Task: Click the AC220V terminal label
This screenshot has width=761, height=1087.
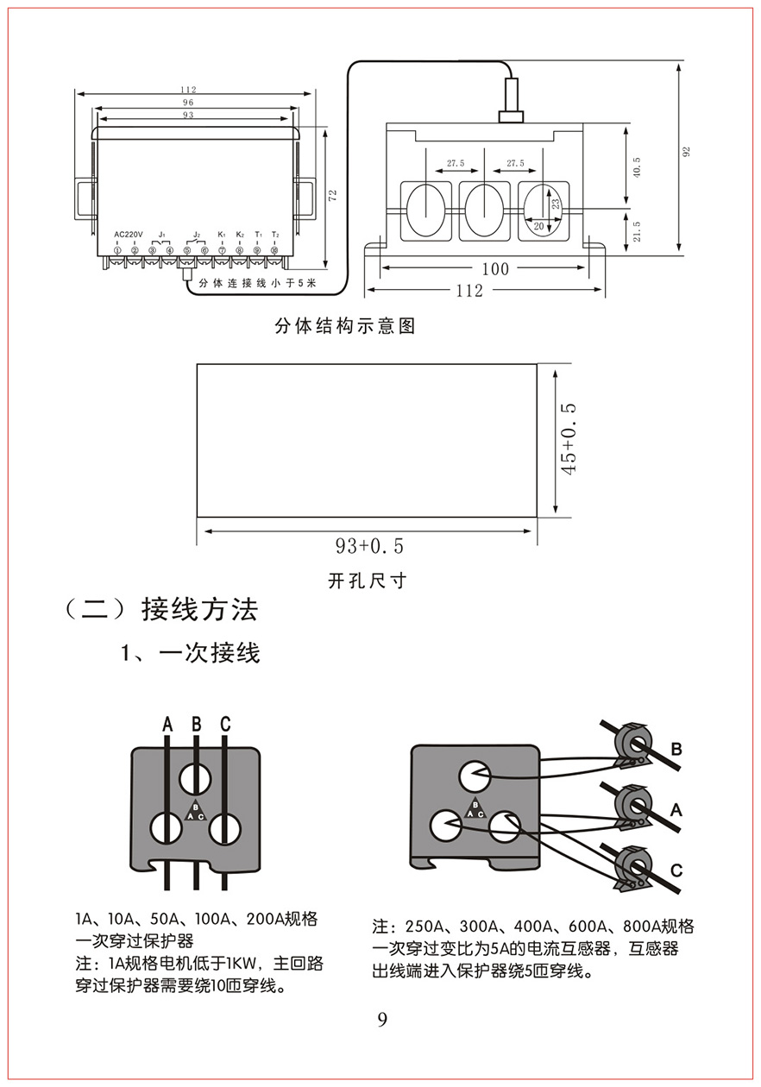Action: pos(128,235)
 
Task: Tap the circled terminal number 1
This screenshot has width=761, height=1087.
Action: pos(117,250)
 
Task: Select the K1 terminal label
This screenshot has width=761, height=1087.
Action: pos(222,235)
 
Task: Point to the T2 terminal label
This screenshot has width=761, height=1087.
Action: pos(275,235)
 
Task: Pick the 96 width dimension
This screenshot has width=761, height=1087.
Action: pos(188,102)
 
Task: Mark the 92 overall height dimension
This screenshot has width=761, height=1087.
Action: pos(687,152)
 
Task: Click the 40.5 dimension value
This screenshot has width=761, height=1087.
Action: pos(637,167)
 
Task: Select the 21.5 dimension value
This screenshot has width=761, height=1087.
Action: pos(637,232)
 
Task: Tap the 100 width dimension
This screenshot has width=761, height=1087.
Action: pos(495,269)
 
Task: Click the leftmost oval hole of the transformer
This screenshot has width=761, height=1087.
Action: pos(424,210)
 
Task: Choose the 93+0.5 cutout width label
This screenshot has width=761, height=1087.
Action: pos(369,546)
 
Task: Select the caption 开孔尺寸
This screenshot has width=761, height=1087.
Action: pos(367,581)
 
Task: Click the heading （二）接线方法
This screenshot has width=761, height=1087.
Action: pos(161,610)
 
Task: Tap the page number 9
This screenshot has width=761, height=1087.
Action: pos(382,1021)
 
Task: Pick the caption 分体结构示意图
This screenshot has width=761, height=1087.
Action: pos(345,327)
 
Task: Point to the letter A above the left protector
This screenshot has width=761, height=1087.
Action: pos(167,724)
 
